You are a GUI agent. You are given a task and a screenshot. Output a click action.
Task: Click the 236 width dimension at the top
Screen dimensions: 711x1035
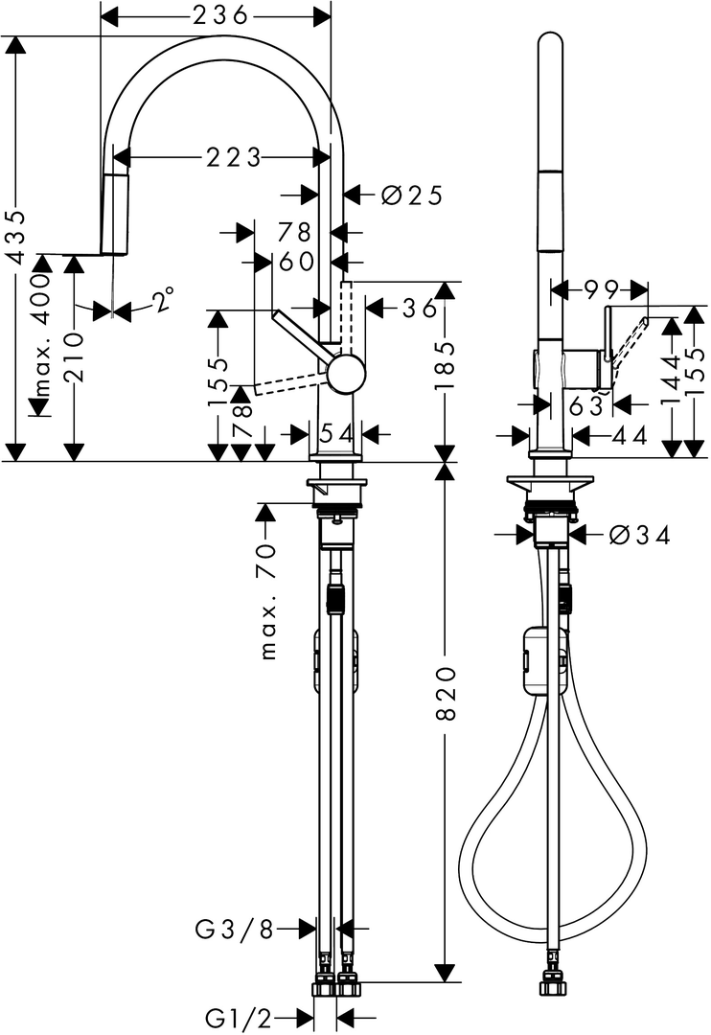point(219,13)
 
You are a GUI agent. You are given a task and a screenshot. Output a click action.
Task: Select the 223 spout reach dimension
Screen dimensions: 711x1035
point(234,158)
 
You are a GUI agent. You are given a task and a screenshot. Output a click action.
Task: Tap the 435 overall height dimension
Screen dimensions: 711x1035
point(16,238)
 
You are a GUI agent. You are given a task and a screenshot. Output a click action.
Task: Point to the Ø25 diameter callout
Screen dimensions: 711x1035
point(412,195)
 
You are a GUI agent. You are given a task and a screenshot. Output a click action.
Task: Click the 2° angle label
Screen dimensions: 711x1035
point(164,300)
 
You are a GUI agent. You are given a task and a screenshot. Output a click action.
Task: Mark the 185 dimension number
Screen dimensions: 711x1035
point(446,365)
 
